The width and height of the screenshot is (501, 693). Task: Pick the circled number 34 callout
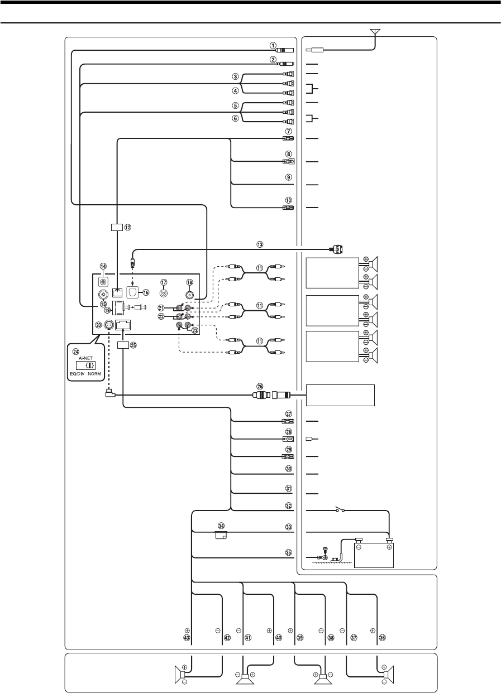222,526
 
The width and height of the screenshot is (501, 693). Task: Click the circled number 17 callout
164,282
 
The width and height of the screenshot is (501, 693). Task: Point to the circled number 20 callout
98,325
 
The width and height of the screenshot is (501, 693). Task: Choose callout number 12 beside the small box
128,227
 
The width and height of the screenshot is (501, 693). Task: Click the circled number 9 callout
289,177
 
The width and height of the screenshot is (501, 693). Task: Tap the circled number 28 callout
289,432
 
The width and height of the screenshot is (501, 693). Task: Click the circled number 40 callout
279,637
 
